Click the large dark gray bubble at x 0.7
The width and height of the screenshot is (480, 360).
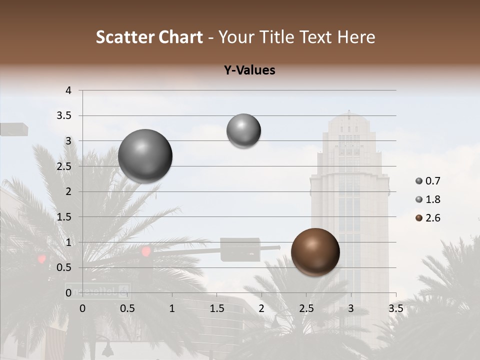(145, 156)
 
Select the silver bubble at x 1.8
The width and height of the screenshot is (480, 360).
(243, 130)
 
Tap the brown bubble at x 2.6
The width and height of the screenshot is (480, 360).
(315, 252)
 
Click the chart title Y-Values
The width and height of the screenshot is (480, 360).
(249, 70)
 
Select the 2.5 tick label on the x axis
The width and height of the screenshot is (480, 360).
(306, 308)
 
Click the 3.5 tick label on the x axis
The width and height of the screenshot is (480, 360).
(395, 308)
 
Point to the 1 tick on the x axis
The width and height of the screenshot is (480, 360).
(172, 308)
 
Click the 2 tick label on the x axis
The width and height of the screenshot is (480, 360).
(261, 308)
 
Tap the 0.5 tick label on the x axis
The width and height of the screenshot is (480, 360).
(127, 308)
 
